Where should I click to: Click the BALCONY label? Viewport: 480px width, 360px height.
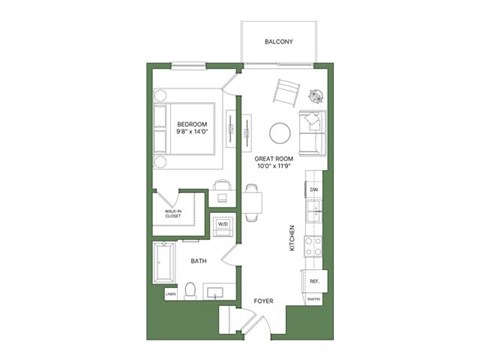[277, 42]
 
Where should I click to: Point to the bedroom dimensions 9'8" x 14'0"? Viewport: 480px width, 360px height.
[181, 132]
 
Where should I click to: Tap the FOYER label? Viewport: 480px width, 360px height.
[263, 299]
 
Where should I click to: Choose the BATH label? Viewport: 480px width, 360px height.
[198, 261]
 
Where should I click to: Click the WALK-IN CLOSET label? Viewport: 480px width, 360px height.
[173, 213]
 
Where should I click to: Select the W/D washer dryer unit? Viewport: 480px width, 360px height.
[223, 224]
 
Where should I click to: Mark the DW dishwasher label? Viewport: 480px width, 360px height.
[314, 189]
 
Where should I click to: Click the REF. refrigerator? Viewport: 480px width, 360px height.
[314, 282]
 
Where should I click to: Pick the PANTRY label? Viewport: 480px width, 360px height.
[313, 299]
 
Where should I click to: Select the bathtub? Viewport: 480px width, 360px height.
[164, 263]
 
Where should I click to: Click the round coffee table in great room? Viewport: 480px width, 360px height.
[281, 131]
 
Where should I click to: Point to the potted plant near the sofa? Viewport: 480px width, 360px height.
[318, 97]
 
